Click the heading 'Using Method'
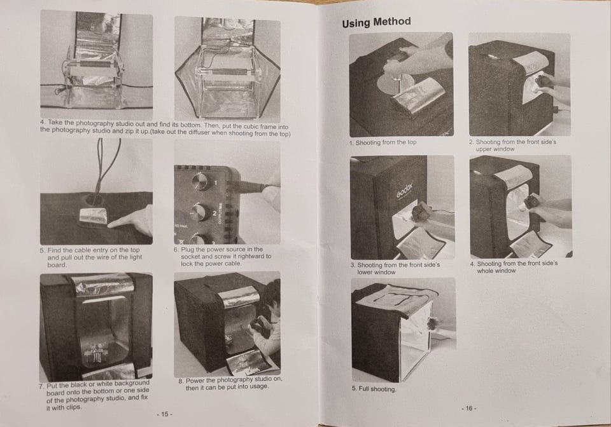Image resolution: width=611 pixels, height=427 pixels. point(376,22)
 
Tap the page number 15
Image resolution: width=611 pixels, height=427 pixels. point(164,414)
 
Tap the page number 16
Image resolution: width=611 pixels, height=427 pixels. point(469,408)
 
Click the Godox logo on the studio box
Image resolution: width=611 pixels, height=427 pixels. point(405,189)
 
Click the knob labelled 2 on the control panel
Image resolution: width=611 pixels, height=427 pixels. point(200,212)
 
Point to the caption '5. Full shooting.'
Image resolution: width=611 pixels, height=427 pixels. point(374,389)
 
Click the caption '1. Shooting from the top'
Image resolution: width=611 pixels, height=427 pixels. point(383,143)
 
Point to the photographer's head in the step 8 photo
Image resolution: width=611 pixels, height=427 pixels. point(272,292)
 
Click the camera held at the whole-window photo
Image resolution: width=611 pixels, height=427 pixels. point(531,202)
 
